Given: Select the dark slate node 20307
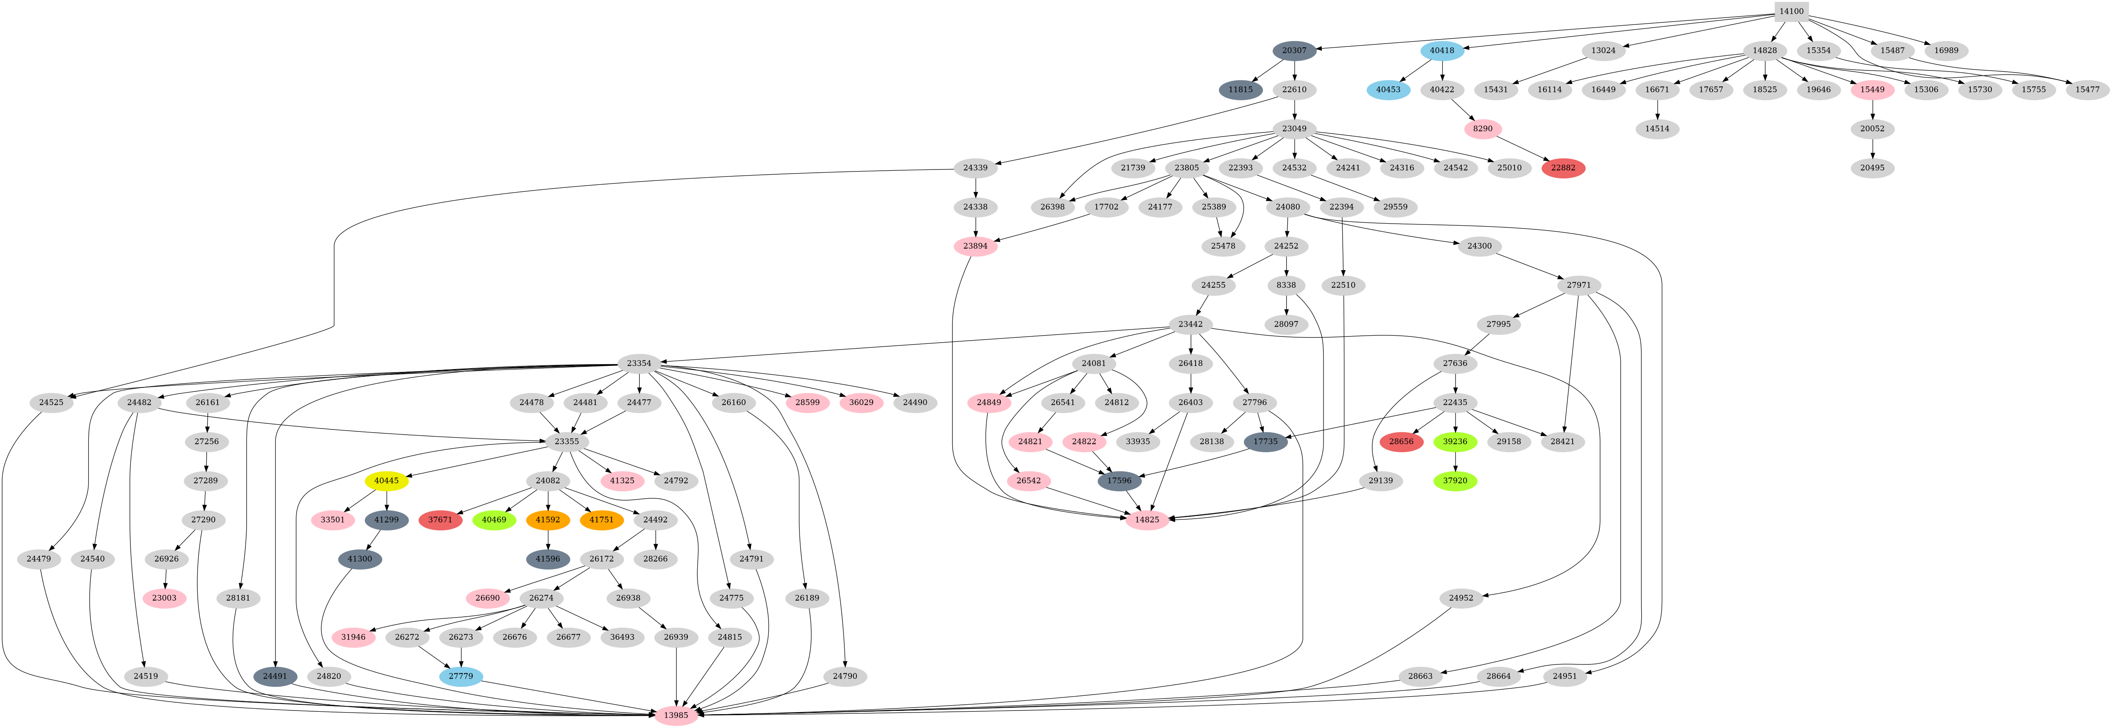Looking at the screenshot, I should (x=1295, y=51).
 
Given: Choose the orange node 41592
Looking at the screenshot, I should (x=548, y=520).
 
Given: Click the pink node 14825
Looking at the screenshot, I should (x=1147, y=520).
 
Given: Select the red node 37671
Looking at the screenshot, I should (x=440, y=520).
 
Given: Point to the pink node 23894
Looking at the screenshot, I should (x=975, y=246).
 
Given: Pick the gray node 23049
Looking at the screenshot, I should (x=1295, y=129).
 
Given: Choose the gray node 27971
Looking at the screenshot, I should (x=1578, y=285).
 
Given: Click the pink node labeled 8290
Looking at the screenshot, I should (x=1482, y=129).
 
